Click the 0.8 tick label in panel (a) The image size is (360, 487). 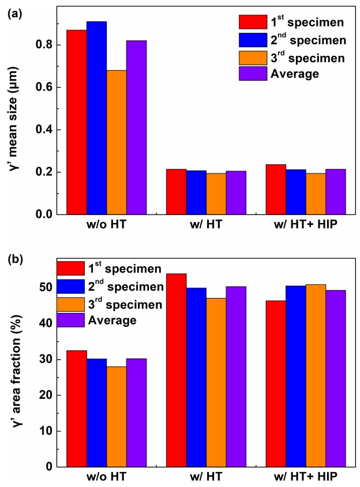(46, 45)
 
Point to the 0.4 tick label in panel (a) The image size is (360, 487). (46, 130)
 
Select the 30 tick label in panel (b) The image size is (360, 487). (50, 360)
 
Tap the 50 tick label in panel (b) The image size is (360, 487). (50, 288)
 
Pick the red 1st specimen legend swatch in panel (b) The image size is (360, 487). (70, 269)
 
